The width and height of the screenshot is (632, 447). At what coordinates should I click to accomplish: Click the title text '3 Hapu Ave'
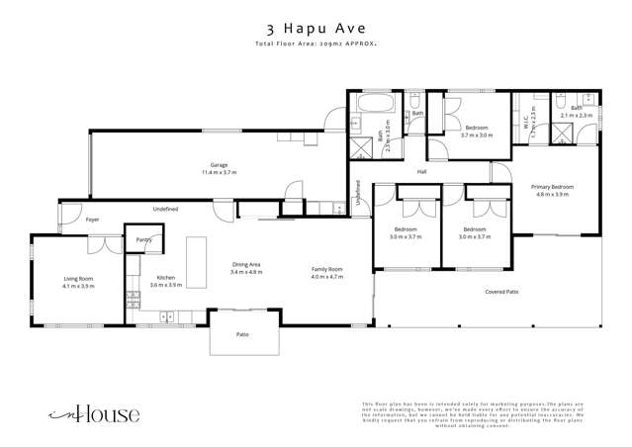(316, 29)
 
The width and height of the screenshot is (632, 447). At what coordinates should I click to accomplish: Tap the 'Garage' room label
(219, 164)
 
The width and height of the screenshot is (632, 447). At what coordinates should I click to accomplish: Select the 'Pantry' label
(143, 239)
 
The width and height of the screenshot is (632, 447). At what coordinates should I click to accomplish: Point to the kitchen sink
(165, 316)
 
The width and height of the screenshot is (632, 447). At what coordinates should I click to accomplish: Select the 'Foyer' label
(92, 220)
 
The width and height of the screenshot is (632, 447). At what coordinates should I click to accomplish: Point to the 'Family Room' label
(326, 268)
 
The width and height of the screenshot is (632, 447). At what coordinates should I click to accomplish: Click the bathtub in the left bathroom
(376, 104)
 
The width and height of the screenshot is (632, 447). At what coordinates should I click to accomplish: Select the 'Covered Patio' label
(502, 292)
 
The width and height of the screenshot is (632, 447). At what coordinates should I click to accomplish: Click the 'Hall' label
(420, 172)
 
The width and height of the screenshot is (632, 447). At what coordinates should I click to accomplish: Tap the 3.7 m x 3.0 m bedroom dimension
(477, 135)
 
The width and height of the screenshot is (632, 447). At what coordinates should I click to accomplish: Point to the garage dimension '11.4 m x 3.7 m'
(219, 172)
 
